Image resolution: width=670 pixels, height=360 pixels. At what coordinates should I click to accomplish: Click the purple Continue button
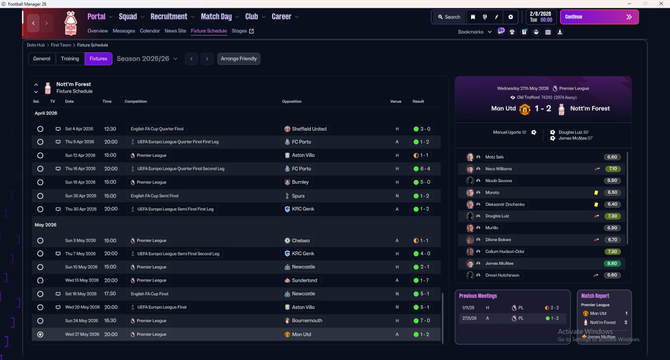[x=599, y=17]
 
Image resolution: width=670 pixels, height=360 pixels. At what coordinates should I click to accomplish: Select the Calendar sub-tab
[x=150, y=31]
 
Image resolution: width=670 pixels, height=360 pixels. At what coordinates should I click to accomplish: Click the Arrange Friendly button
[x=239, y=59]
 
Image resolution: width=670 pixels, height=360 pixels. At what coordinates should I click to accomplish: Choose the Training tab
[x=70, y=59]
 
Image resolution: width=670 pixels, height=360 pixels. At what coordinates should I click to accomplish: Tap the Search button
[x=449, y=17]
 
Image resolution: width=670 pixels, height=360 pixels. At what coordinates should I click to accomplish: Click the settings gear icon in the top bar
[x=510, y=17]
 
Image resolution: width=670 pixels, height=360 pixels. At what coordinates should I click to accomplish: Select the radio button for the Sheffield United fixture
[x=40, y=129]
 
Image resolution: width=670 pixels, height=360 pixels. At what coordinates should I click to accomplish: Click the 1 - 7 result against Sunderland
[x=421, y=280]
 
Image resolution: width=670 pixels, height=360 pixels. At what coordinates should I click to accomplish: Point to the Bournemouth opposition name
[x=307, y=320]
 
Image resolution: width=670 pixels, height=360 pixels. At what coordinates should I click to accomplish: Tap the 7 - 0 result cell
[x=421, y=321]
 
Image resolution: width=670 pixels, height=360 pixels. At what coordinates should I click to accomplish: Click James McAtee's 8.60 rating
[x=612, y=264]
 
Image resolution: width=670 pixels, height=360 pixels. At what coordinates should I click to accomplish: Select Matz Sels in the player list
[x=494, y=157]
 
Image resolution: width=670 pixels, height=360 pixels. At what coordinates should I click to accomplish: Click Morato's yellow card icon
[x=596, y=193]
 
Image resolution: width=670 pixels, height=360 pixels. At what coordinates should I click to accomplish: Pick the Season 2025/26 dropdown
[x=147, y=59]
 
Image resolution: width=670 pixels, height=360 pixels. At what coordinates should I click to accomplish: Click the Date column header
[x=69, y=102]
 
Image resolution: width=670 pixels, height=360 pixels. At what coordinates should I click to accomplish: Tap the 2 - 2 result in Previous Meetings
[x=553, y=308]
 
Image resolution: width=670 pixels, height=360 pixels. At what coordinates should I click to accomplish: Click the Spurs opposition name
[x=298, y=196]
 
